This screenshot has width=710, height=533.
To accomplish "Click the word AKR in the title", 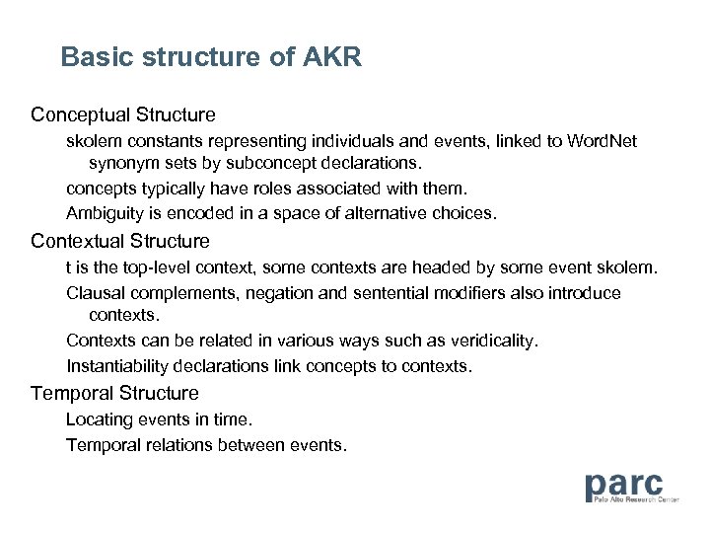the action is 333,58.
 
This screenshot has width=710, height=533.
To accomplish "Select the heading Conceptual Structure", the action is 123,115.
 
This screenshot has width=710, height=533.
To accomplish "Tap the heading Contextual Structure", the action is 120,241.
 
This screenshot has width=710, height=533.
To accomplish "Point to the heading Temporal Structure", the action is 114,393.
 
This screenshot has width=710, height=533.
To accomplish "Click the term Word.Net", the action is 603,142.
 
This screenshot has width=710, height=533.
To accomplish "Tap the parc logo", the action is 624,488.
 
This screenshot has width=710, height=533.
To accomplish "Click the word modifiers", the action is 487,293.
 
